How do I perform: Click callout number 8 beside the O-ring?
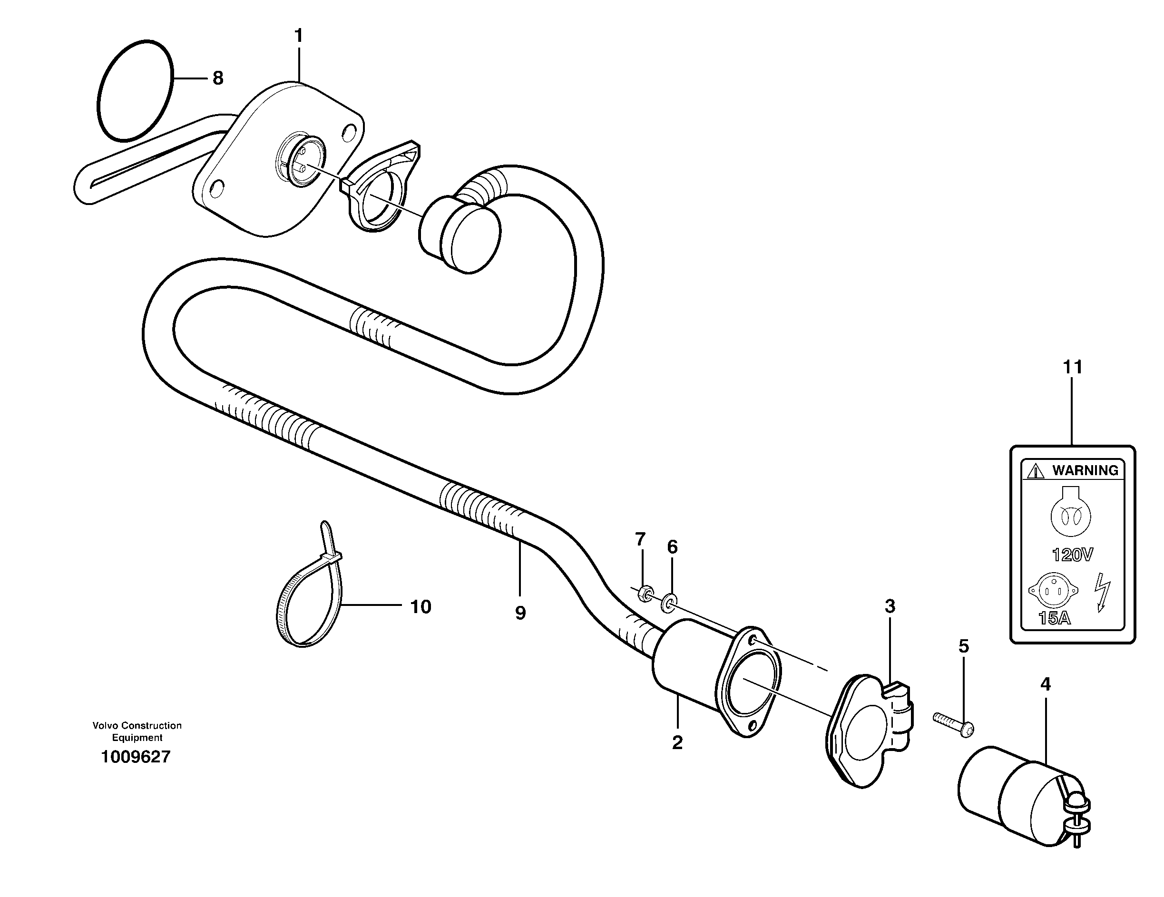(217, 78)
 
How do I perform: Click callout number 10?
(421, 606)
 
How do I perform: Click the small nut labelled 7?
(645, 593)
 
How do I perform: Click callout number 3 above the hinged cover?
(890, 606)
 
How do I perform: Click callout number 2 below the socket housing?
(677, 742)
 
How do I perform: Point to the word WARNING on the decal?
(1085, 470)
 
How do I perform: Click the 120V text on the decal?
(1072, 555)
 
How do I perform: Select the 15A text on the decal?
(1054, 618)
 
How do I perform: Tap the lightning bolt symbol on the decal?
(1102, 592)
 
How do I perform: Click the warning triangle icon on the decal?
(1036, 471)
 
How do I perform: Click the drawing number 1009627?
(136, 757)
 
